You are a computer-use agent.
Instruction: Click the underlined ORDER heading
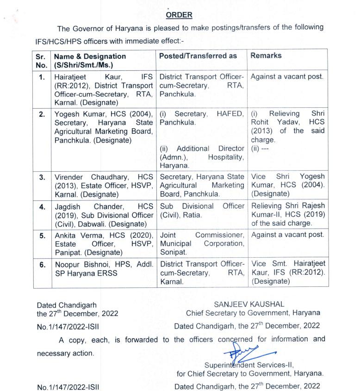click(x=179, y=15)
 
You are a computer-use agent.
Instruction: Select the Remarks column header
click(x=266, y=56)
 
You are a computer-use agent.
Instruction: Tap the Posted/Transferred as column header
click(x=198, y=56)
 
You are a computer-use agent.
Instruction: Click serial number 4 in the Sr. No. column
click(x=42, y=207)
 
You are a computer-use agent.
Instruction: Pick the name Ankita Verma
click(x=76, y=235)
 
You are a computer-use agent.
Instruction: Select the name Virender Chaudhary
click(x=89, y=177)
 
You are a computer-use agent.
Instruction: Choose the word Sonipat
click(x=173, y=252)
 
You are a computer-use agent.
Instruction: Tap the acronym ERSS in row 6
click(x=109, y=273)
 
